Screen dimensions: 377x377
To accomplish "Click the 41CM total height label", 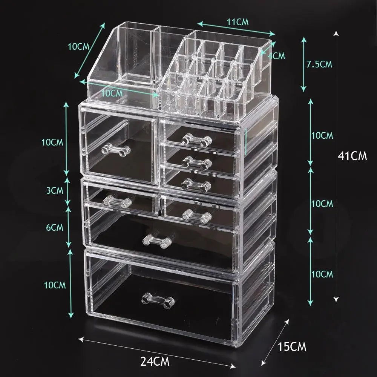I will pyautogui.click(x=352, y=156).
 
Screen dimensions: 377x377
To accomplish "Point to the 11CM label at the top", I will pyautogui.click(x=237, y=22).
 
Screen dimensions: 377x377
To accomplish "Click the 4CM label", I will pyautogui.click(x=276, y=56).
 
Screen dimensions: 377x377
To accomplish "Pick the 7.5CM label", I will pyautogui.click(x=319, y=64).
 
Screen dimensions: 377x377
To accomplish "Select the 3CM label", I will pyautogui.click(x=54, y=190).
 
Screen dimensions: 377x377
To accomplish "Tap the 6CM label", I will pyautogui.click(x=54, y=227).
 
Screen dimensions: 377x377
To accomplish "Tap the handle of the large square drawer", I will pyautogui.click(x=115, y=150).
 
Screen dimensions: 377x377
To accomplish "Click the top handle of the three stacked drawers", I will pyautogui.click(x=196, y=140).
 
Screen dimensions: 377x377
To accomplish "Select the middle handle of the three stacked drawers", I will pyautogui.click(x=196, y=162).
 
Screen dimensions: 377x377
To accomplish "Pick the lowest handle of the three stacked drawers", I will pyautogui.click(x=196, y=184).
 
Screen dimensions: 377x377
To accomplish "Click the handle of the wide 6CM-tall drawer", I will pyautogui.click(x=157, y=241).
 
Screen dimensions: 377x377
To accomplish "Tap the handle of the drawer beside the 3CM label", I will pyautogui.click(x=116, y=202).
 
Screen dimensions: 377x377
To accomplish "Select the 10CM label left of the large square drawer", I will pyautogui.click(x=52, y=142).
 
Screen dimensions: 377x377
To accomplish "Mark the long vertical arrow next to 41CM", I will pyautogui.click(x=336, y=166).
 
